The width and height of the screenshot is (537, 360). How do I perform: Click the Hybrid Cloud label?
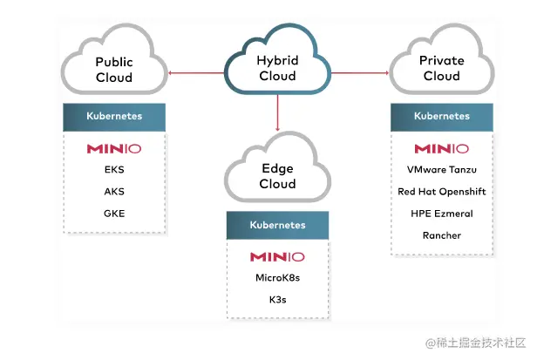point(277,68)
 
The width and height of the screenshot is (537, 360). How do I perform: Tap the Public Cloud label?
point(113,70)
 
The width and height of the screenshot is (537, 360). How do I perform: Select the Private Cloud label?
point(441,68)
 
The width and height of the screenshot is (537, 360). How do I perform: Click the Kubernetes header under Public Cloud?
point(114,116)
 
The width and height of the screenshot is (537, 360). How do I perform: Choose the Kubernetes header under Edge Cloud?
point(277,225)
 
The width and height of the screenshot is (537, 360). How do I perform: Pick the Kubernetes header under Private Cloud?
point(441,116)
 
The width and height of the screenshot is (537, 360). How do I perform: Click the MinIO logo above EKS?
point(114,149)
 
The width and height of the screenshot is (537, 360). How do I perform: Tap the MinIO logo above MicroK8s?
point(277,257)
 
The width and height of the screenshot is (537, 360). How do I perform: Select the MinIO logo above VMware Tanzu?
point(441,149)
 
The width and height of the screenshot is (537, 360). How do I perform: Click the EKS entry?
point(114,170)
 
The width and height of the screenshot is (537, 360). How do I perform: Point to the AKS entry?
point(114,191)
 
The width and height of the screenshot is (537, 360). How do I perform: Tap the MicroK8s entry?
point(277,278)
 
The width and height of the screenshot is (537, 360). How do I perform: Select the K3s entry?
point(277,299)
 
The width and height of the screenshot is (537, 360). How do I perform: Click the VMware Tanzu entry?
point(441,170)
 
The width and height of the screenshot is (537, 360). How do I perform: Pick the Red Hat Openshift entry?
point(441,192)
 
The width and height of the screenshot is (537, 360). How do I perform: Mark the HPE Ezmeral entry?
point(441,214)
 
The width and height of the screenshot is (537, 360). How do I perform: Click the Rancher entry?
point(441,235)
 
